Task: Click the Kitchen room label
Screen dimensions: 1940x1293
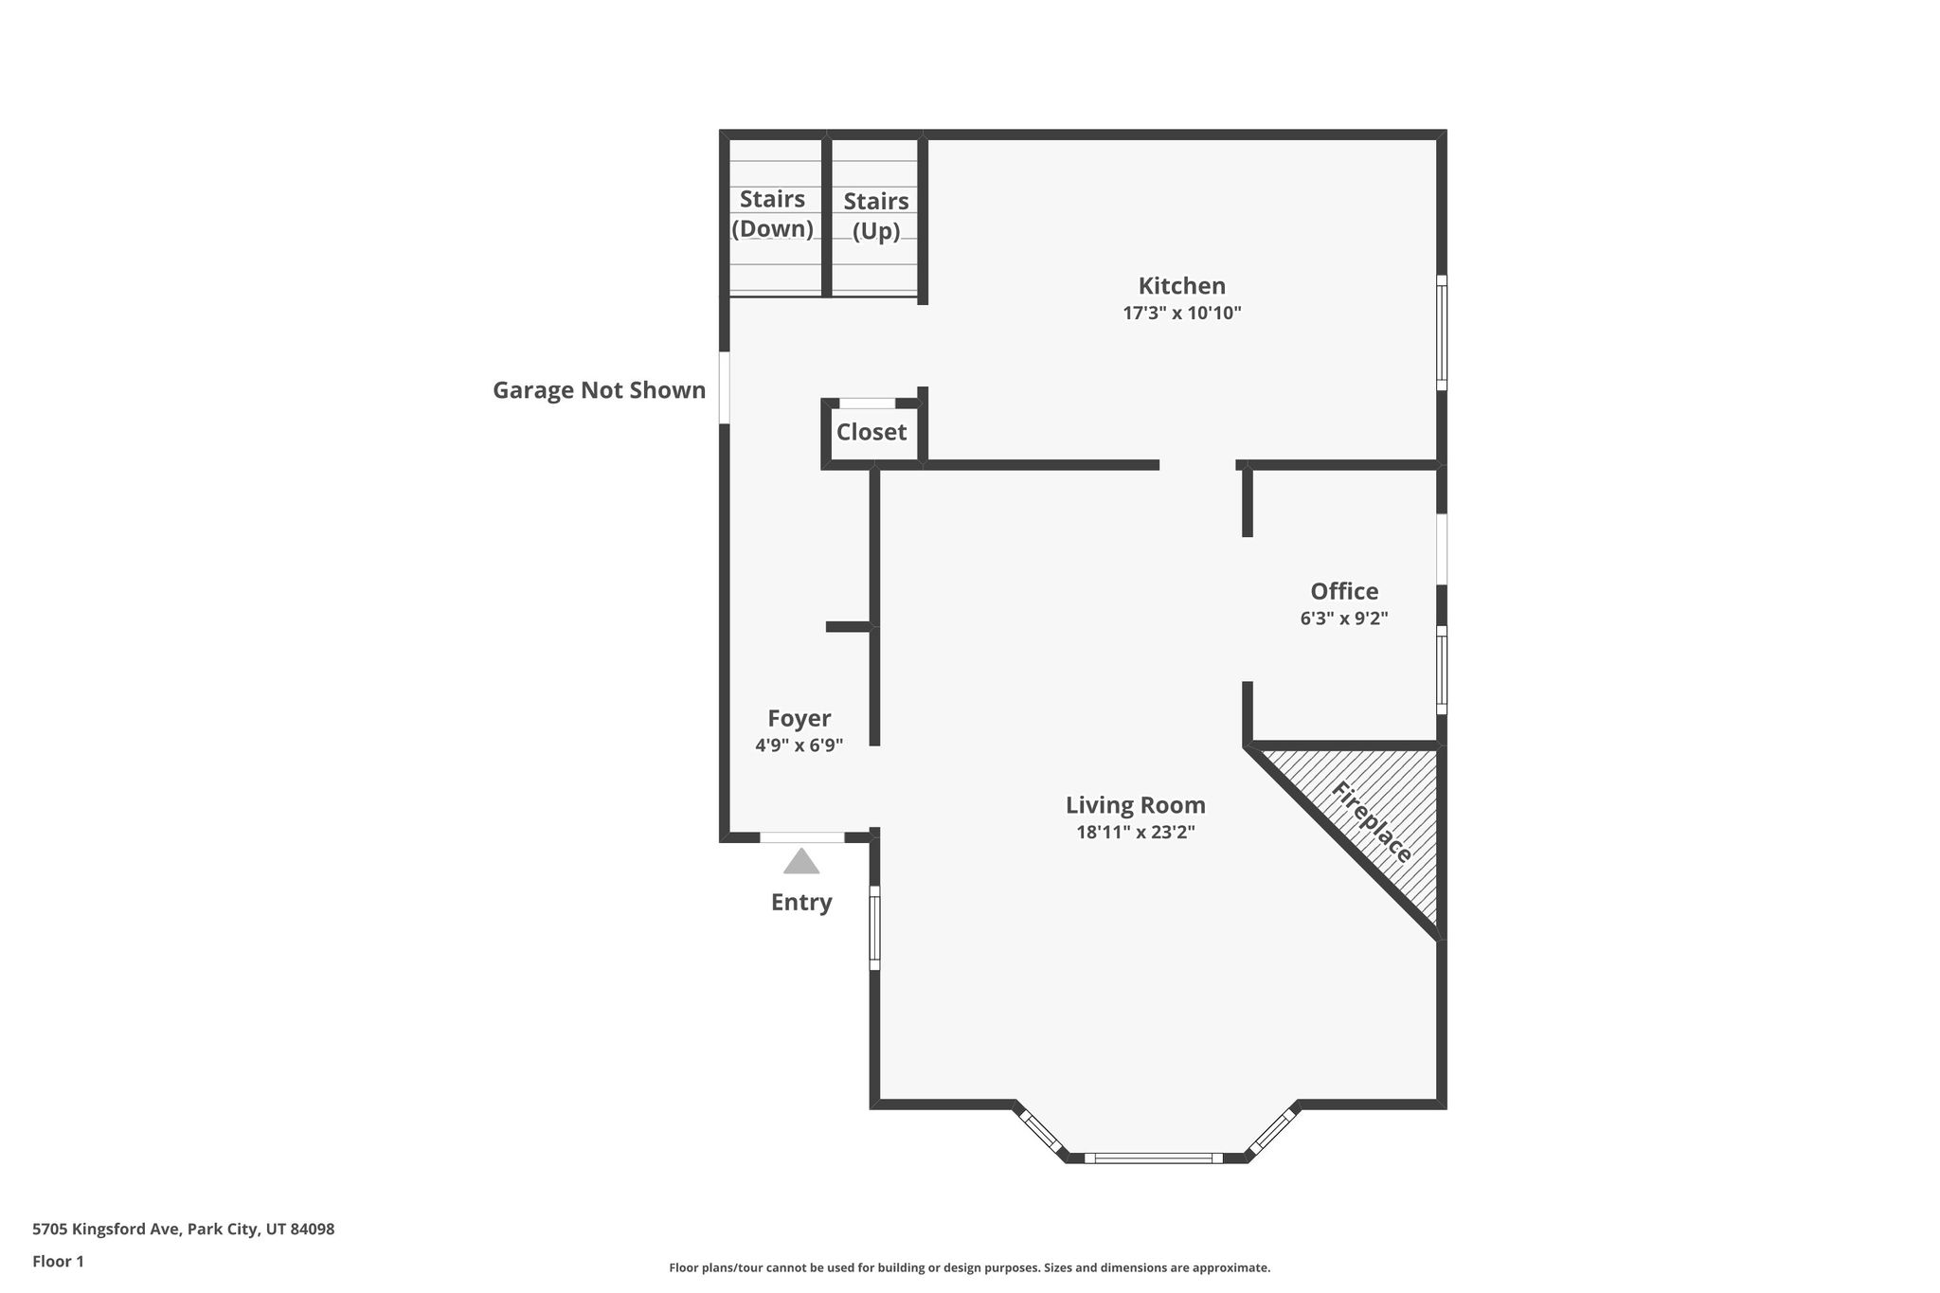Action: pyautogui.click(x=1181, y=286)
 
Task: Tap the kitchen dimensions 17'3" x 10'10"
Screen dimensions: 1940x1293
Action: pyautogui.click(x=1181, y=314)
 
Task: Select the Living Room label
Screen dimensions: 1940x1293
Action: pyautogui.click(x=1135, y=805)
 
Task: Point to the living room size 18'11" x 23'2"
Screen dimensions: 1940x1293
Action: pyautogui.click(x=1135, y=833)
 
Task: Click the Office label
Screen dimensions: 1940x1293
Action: pyautogui.click(x=1344, y=591)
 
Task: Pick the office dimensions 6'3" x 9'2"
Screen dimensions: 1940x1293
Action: pyautogui.click(x=1344, y=619)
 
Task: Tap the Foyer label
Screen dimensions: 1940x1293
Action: pyautogui.click(x=799, y=719)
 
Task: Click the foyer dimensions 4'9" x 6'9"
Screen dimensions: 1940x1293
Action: pyautogui.click(x=799, y=745)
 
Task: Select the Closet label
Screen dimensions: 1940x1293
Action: pyautogui.click(x=871, y=432)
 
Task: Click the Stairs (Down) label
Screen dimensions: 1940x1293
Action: pyautogui.click(x=772, y=214)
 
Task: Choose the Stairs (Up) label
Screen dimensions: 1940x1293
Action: pyautogui.click(x=875, y=216)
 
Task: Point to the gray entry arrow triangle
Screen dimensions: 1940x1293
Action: pyautogui.click(x=801, y=861)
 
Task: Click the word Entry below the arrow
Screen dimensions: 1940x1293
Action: pyautogui.click(x=801, y=903)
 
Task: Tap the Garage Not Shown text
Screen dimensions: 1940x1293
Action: pyautogui.click(x=599, y=390)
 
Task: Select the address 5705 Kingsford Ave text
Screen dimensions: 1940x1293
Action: pyautogui.click(x=105, y=1230)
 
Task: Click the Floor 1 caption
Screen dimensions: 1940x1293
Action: pyautogui.click(x=58, y=1262)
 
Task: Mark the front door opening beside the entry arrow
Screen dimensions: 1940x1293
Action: pyautogui.click(x=801, y=837)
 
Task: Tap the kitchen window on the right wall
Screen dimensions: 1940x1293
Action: pyautogui.click(x=1442, y=332)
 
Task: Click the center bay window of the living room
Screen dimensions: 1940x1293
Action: pyautogui.click(x=1154, y=1158)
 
